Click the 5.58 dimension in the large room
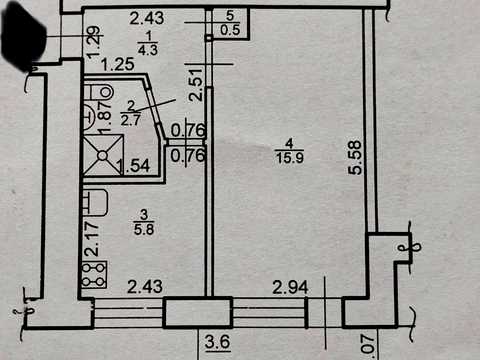355,158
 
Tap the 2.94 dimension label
290,287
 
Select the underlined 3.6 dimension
218,342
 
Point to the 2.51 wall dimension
196,85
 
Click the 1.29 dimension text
94,42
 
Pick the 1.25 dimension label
118,64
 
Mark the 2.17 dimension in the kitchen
92,239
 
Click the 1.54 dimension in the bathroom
135,166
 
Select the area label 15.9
290,157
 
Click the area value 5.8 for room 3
144,229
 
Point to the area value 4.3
148,50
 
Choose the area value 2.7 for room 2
130,120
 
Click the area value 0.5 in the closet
230,30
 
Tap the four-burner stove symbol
95,274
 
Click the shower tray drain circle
102,155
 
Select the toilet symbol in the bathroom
99,92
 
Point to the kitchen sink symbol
95,202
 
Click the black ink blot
23,38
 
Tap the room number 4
289,144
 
